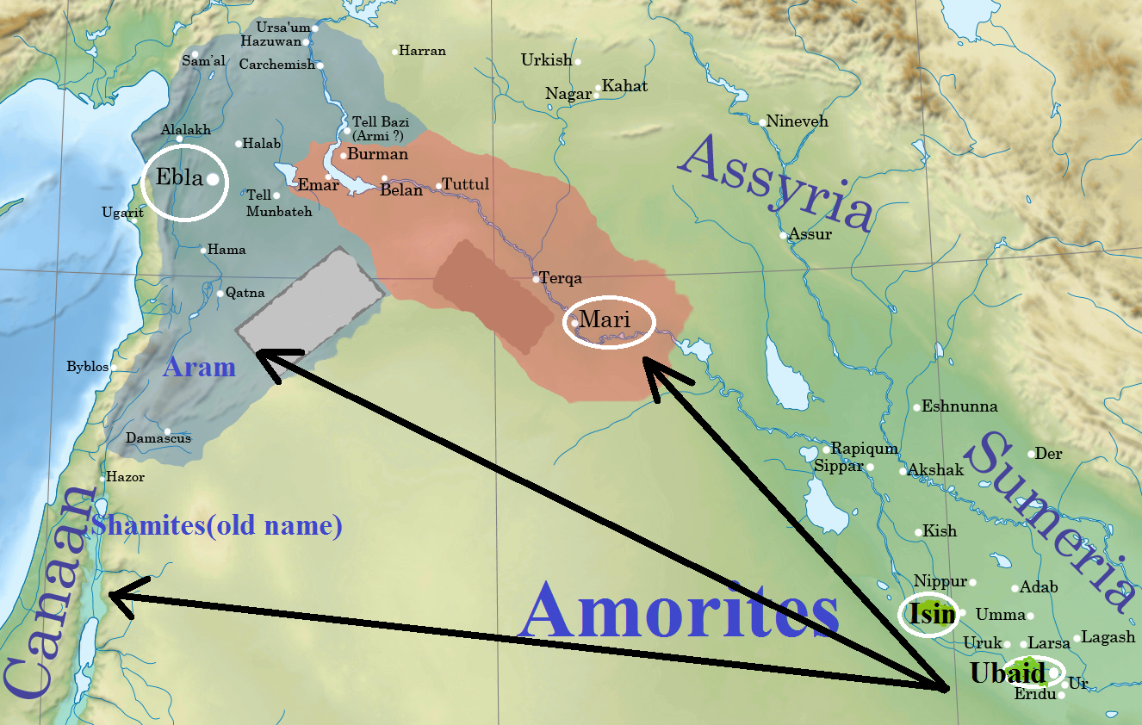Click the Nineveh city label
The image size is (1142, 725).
tap(798, 121)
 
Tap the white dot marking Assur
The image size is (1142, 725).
tap(784, 235)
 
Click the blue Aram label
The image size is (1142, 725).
tap(199, 368)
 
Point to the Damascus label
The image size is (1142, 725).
tap(158, 438)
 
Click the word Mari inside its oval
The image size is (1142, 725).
tap(605, 320)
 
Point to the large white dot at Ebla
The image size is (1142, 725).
tap(214, 180)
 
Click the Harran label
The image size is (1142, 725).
tap(423, 51)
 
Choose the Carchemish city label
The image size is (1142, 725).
tap(277, 65)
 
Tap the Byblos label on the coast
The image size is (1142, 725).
tap(88, 367)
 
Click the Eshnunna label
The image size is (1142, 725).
tap(959, 406)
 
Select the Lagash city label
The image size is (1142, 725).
tap(1108, 638)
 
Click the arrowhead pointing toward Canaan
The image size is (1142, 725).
tap(119, 597)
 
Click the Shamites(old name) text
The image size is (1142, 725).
tap(217, 524)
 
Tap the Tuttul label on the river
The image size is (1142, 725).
tap(465, 185)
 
